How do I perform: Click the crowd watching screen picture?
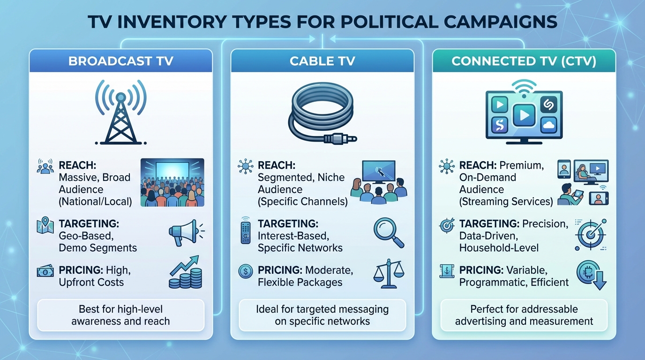[172, 182]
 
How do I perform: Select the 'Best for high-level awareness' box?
[120, 315]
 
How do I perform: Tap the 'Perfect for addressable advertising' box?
[524, 315]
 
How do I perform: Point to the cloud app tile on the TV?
[548, 125]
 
